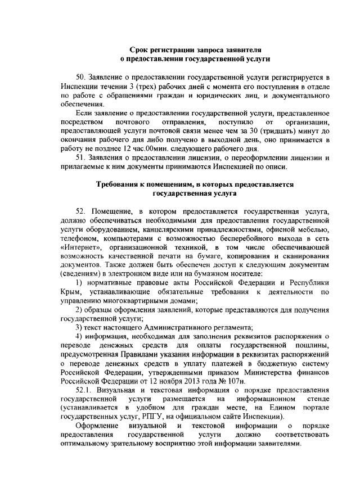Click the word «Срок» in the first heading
[139, 49]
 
